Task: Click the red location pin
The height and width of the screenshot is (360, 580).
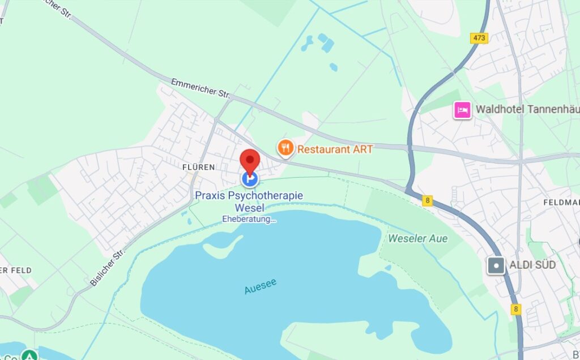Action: (249, 160)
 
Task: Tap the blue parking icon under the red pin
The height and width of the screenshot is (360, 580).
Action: (249, 179)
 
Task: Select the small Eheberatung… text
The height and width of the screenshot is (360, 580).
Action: (249, 219)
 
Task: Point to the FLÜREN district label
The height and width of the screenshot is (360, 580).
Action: (198, 167)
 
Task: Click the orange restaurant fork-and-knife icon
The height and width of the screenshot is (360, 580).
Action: (285, 148)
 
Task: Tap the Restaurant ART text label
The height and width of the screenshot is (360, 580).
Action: (335, 149)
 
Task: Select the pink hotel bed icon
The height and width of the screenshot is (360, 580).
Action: (462, 110)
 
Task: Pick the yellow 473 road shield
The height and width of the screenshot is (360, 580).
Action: (479, 37)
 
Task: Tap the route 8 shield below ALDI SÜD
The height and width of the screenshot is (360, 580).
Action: (515, 309)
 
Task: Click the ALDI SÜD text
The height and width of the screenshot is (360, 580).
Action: (532, 265)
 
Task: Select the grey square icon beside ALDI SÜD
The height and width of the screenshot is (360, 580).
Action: (497, 265)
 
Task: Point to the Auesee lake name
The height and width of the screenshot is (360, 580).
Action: (261, 286)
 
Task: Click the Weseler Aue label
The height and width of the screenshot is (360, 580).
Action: (417, 238)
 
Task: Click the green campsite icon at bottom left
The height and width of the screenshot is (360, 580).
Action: (28, 355)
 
